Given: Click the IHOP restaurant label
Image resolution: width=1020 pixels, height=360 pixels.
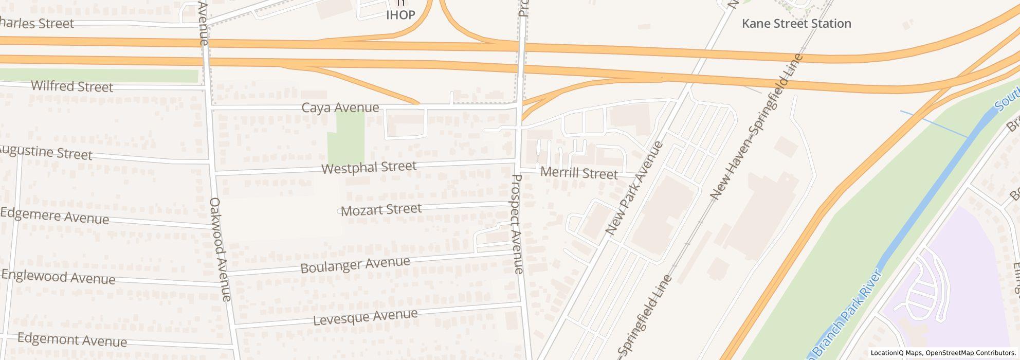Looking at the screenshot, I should pos(400,14).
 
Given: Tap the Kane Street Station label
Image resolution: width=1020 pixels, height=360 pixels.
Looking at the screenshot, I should pos(796,24).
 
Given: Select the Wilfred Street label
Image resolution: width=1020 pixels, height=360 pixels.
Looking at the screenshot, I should pos(72,86).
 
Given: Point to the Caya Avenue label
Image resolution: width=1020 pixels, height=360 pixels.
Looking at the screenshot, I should pos(340,107).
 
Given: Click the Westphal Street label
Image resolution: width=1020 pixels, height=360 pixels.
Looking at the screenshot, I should pos(369,167).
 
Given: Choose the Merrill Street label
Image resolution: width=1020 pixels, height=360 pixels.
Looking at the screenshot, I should pos(579,173).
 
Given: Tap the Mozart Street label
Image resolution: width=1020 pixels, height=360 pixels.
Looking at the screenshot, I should pos(381,209).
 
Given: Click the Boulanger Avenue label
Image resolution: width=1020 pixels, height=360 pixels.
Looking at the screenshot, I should pos(355,265).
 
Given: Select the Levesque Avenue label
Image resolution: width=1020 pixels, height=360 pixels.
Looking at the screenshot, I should pos(365,317).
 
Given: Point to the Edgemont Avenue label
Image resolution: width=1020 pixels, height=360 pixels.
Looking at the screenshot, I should pos(72,340).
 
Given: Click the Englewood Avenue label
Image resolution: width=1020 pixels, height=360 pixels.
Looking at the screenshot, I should pos(58,277).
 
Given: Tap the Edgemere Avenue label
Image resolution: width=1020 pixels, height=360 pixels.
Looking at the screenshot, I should pos(54,216).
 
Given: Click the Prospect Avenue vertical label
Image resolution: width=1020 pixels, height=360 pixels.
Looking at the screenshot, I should pos(518,224).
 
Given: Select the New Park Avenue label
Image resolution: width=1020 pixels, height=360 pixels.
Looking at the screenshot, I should pos(634,188).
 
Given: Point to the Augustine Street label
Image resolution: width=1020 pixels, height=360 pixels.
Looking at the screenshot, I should pos(45,153).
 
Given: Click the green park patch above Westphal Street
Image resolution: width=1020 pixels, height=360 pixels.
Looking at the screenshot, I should pos(345,137).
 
